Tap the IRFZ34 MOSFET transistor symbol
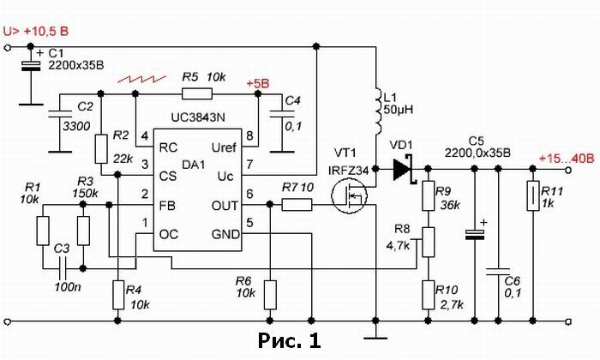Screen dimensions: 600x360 point(349,196)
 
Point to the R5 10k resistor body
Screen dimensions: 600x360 point(196,93)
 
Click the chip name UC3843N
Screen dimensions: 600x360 point(198,117)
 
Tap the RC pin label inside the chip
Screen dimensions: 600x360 point(168,147)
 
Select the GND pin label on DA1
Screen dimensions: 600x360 point(225,234)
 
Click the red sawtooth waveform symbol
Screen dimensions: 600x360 point(141,79)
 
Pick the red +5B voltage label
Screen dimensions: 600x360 point(258,84)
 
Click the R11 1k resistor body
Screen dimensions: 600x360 point(533,196)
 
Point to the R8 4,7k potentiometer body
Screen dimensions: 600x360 point(429,242)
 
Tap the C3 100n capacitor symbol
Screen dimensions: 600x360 point(63,268)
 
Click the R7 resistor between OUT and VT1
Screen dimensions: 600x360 point(297,205)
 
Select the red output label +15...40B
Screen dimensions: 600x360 point(567,158)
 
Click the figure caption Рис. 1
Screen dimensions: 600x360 point(289,340)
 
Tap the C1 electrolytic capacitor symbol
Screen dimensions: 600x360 point(31,66)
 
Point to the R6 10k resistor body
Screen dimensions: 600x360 point(270,295)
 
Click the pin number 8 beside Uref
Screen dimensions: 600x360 point(249,135)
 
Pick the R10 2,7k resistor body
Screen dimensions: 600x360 point(429,295)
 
